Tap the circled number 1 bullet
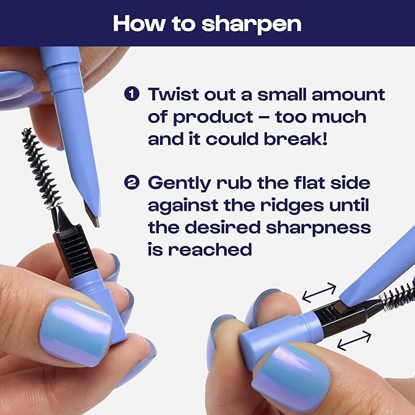(x=131, y=94)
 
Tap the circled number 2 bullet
(x=131, y=183)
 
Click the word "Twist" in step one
(x=173, y=94)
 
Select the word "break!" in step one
(x=296, y=138)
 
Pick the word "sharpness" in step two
(x=318, y=228)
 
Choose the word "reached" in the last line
(x=210, y=249)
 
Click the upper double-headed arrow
(x=319, y=292)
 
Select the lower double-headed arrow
(x=354, y=340)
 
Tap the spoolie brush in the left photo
(x=41, y=169)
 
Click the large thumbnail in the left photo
(x=75, y=333)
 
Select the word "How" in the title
(x=138, y=24)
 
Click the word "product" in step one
(x=213, y=117)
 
